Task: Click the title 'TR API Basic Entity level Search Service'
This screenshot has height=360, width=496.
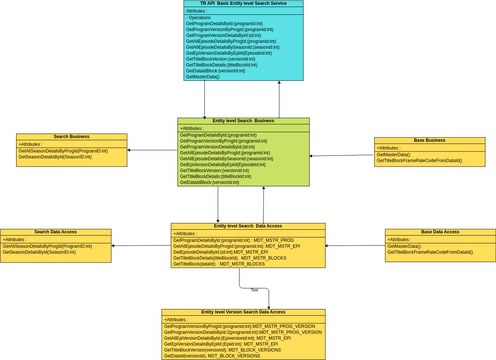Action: (x=244, y=4)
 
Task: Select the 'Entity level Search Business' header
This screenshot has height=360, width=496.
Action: (x=243, y=121)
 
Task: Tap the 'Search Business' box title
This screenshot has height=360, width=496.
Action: (x=71, y=136)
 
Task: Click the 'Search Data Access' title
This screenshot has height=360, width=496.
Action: (x=55, y=232)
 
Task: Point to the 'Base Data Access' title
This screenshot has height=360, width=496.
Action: (x=439, y=232)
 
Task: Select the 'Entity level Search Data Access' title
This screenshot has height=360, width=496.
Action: (x=248, y=226)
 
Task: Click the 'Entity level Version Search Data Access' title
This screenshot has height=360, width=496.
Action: (x=242, y=312)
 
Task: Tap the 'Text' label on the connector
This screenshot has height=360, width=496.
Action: (x=254, y=290)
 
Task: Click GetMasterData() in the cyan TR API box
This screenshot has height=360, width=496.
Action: (x=206, y=77)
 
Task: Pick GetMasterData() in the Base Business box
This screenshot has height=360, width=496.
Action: (x=394, y=155)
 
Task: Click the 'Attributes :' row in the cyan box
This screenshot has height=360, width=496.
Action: (x=201, y=11)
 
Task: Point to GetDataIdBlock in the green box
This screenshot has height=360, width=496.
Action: (x=211, y=183)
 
